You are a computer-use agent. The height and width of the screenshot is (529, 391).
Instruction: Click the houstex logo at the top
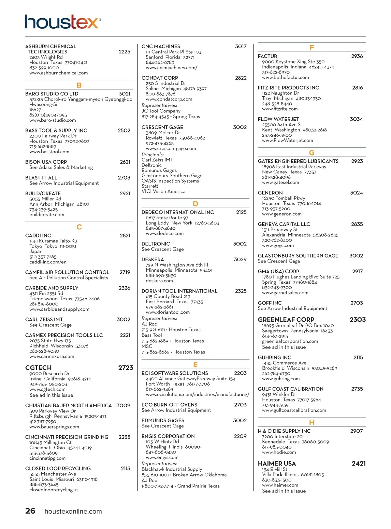tap(63, 22)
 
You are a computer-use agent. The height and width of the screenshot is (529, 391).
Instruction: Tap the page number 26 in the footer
tap(30, 511)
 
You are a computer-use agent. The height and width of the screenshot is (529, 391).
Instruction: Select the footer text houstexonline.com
tap(73, 511)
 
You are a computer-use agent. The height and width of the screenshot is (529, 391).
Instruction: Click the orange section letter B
tap(79, 85)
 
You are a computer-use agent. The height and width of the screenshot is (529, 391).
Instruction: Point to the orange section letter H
tap(311, 422)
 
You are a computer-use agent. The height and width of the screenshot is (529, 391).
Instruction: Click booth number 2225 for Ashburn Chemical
tap(124, 52)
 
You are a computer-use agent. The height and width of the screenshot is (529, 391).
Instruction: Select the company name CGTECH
tap(38, 368)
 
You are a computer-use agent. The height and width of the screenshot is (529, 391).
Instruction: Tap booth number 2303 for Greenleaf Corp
tap(357, 319)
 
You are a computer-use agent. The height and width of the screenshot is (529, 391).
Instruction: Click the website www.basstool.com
tap(49, 152)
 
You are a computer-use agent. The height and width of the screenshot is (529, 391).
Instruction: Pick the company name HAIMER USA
tap(277, 463)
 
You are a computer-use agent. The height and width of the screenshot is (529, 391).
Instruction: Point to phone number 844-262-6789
tap(160, 62)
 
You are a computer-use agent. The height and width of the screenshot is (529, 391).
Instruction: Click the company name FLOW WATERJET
tap(278, 119)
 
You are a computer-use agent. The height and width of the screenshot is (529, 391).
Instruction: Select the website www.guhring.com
tap(281, 379)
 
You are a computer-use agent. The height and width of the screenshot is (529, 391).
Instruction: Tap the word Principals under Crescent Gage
tap(152, 155)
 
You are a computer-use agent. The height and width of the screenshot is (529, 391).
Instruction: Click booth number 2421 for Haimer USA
tap(358, 463)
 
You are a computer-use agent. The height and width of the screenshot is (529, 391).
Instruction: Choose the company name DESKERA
tap(153, 259)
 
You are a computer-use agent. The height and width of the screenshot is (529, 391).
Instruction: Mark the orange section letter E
tap(195, 365)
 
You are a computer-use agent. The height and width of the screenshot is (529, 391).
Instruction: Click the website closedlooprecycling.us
tap(54, 490)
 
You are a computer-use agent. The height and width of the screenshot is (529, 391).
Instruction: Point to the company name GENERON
tap(270, 193)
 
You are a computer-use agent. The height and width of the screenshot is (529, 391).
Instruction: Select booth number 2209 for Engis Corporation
tap(240, 436)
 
